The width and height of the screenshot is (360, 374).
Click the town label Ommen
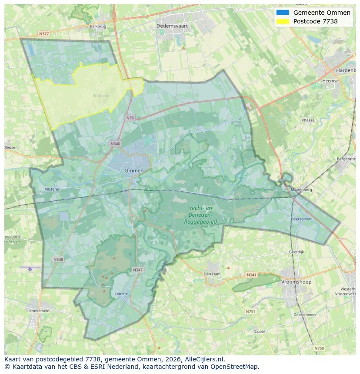pos(133,171)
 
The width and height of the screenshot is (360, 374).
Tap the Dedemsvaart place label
pos(172,26)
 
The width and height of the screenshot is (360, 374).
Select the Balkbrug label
pos(98,26)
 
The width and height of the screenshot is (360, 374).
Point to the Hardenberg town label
pos(346,70)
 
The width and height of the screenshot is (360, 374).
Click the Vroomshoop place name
pos(296,282)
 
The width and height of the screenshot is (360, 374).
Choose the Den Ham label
pos(212,274)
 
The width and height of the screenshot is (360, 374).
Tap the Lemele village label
pos(121,294)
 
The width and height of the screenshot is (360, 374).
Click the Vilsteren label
pos(53,189)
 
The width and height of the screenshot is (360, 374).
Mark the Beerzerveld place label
pos(302,219)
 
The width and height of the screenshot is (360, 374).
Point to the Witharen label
pos(101,95)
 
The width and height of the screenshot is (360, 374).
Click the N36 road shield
pos(130,118)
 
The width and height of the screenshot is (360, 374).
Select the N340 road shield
pos(115,144)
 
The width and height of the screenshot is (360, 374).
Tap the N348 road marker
pos(58,259)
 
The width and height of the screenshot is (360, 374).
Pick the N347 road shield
pos(137,270)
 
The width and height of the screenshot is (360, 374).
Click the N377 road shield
pos(44,33)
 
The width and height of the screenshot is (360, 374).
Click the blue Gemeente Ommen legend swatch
pos(282,13)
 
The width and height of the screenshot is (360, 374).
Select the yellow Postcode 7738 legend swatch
pos(282,21)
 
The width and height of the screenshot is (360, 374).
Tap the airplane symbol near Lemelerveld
pos(30,269)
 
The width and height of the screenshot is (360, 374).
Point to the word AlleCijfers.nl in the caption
pos(203,359)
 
